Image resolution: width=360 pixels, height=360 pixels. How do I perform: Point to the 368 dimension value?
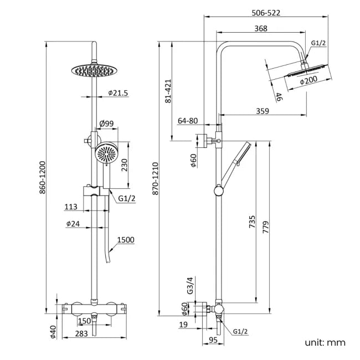tap(260, 28)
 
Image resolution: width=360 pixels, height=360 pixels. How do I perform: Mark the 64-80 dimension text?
tap(188, 121)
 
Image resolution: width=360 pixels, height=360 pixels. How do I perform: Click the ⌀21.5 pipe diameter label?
tap(117, 93)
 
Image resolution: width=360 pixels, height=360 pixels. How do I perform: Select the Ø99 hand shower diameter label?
tap(106, 123)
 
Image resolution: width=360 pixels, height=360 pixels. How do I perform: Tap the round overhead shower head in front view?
tap(96, 70)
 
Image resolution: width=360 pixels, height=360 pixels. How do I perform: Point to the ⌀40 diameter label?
tap(53, 331)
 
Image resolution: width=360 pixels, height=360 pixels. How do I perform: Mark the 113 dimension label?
tap(71, 207)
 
